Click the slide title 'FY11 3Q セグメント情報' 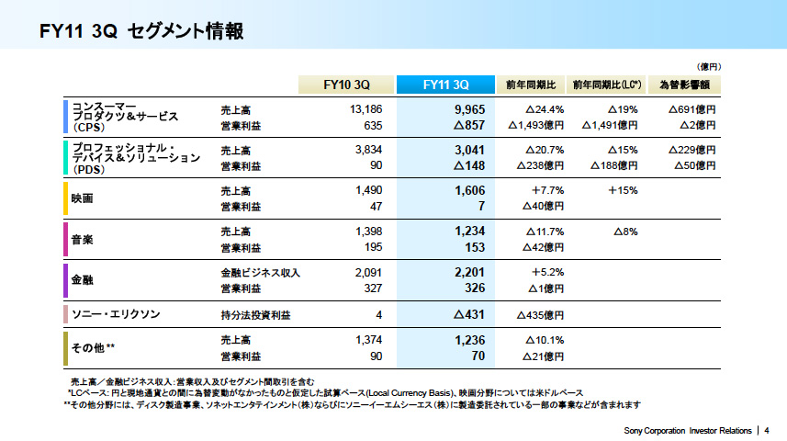tap(141, 32)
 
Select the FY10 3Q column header tap(347, 85)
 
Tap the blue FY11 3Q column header tap(446, 85)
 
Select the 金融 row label tap(83, 279)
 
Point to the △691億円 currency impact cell tap(691, 109)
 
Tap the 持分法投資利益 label tap(255, 315)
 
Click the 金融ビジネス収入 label tap(261, 273)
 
